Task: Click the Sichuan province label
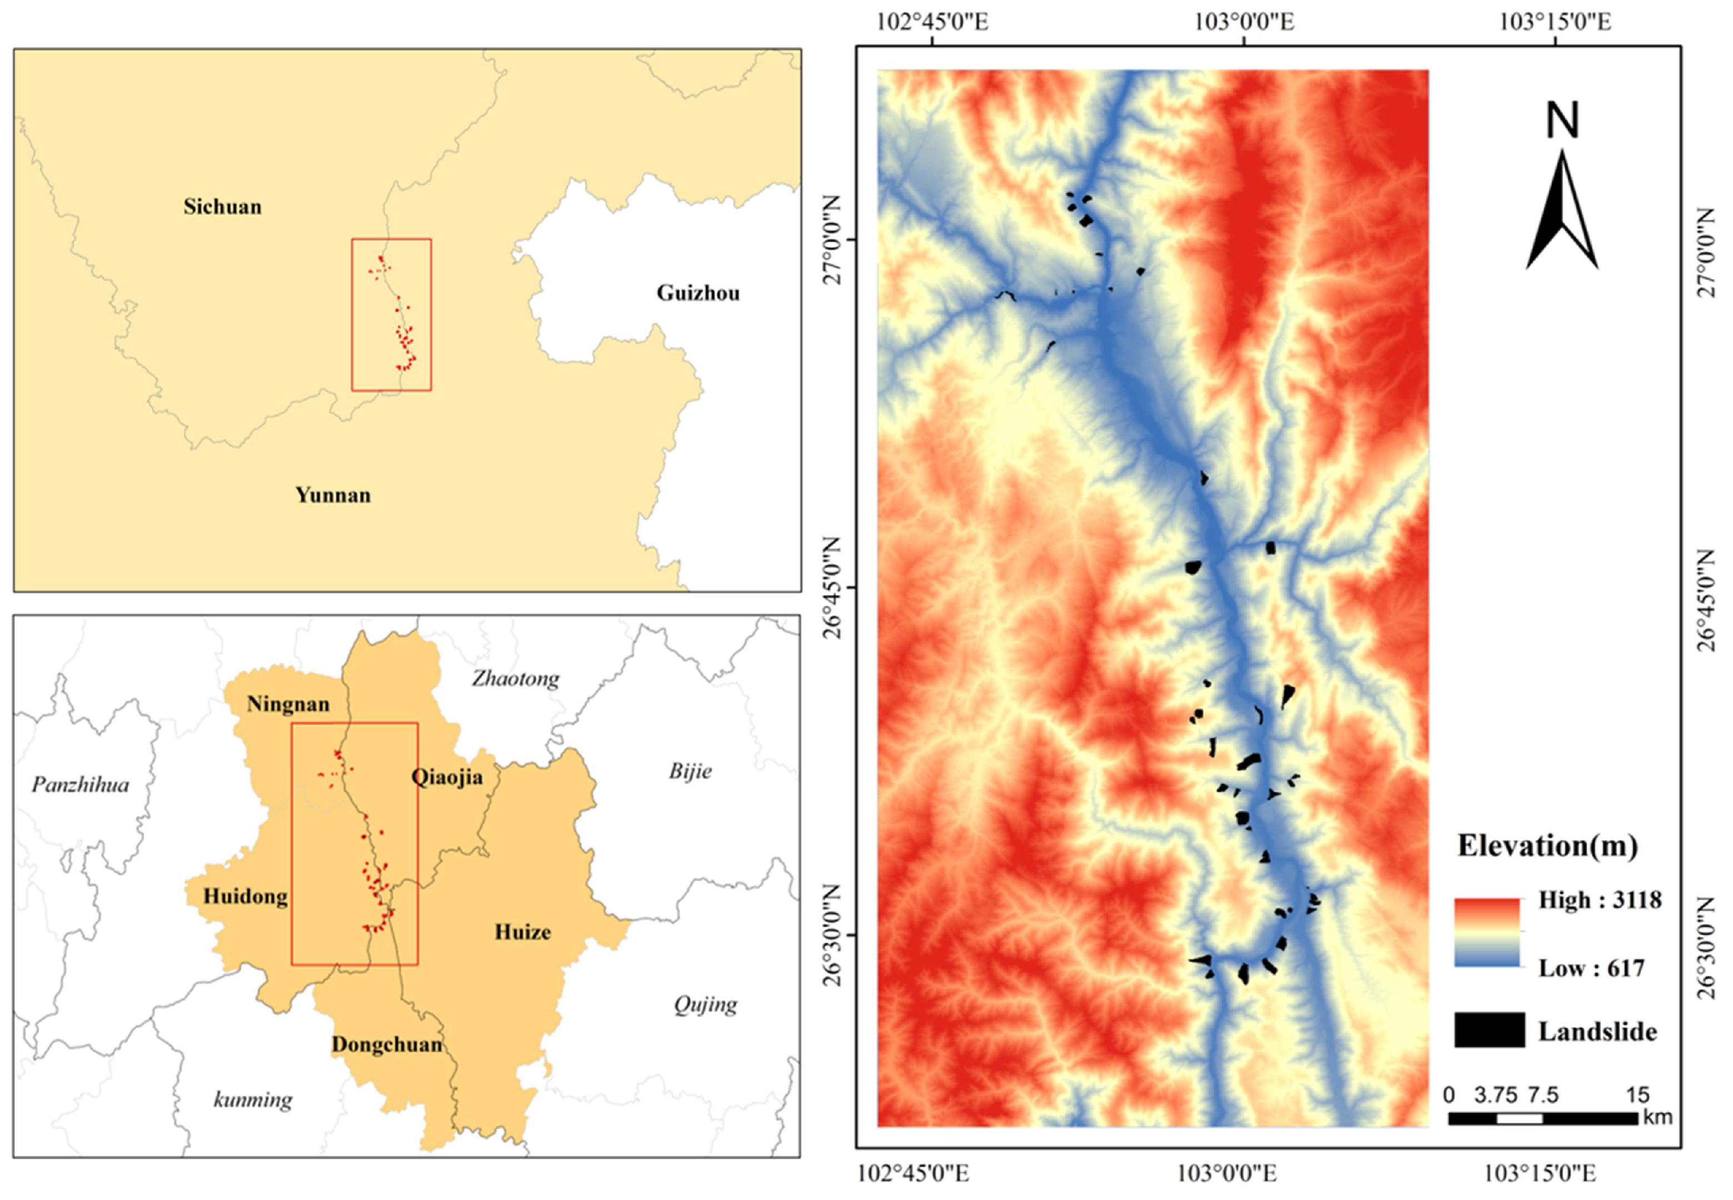tap(222, 207)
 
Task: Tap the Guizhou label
tap(697, 293)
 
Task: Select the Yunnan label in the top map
tap(332, 495)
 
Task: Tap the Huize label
tap(522, 932)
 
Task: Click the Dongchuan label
tap(386, 1045)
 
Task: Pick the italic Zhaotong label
tap(515, 679)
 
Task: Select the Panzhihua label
tap(81, 785)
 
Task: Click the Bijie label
tap(690, 771)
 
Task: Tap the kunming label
tap(253, 1100)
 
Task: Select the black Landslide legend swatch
tap(1488, 1030)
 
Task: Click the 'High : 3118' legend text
tap(1599, 900)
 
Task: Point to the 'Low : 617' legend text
tap(1591, 968)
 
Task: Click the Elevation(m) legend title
tap(1547, 847)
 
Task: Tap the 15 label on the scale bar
tap(1637, 1095)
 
